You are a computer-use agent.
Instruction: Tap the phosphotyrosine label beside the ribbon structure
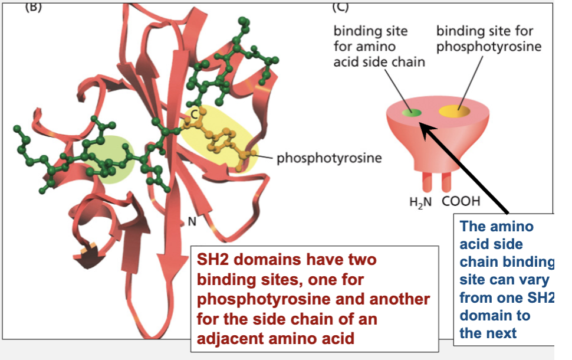pos(329,158)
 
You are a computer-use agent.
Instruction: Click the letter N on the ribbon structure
pos(191,222)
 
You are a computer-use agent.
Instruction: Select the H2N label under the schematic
pos(420,202)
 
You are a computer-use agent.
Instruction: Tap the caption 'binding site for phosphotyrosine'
pos(488,38)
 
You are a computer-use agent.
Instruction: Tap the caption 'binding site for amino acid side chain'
pos(379,45)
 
